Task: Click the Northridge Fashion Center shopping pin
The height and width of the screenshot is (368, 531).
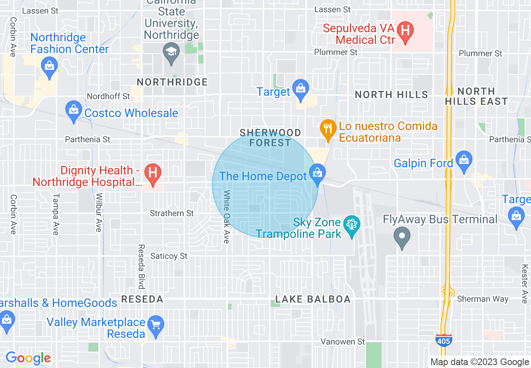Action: (x=49, y=66)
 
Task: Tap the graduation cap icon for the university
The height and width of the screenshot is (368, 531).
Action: (x=171, y=52)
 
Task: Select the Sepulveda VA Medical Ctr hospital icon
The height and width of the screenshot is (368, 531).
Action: (x=405, y=31)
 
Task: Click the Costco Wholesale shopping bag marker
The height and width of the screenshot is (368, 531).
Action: (x=74, y=110)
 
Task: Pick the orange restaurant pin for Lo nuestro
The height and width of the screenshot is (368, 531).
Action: (x=327, y=128)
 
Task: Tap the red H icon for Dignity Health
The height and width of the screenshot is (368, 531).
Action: (x=153, y=172)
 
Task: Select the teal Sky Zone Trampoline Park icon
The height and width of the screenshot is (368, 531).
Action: (x=351, y=225)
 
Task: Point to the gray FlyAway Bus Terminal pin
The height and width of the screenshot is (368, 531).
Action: (x=402, y=236)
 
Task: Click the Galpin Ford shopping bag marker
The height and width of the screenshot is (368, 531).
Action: (x=464, y=160)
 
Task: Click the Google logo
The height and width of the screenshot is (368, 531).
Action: (x=28, y=358)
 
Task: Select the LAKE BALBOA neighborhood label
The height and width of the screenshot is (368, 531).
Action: (x=313, y=299)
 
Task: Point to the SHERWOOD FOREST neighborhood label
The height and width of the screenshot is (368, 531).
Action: (x=270, y=138)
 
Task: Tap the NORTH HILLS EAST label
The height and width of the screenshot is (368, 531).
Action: (x=476, y=96)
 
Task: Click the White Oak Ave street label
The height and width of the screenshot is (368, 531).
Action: (x=227, y=217)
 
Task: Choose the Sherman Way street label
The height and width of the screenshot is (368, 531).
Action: (x=482, y=299)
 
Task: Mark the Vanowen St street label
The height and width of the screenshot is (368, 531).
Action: (x=343, y=342)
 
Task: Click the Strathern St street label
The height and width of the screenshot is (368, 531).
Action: (x=172, y=213)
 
